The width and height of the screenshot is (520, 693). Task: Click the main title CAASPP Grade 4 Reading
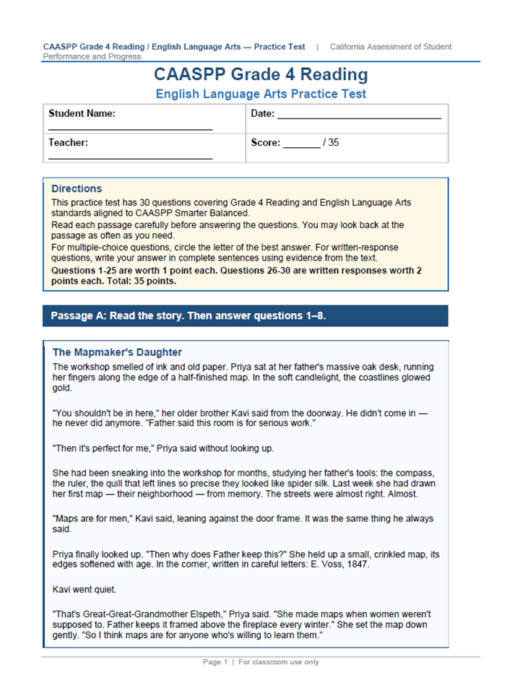click(x=261, y=74)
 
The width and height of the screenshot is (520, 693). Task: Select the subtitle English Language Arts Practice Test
click(x=261, y=94)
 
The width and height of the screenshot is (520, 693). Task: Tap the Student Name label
click(x=82, y=113)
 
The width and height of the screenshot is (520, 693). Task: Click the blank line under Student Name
click(x=130, y=128)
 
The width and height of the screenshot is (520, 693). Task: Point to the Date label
click(x=262, y=113)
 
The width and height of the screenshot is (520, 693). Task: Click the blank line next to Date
click(x=359, y=117)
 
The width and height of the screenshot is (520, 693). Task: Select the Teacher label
click(x=68, y=142)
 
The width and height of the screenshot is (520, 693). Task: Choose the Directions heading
click(x=77, y=188)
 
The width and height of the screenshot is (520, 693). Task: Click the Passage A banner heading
click(x=188, y=315)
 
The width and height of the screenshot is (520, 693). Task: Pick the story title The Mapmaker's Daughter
click(x=117, y=352)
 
